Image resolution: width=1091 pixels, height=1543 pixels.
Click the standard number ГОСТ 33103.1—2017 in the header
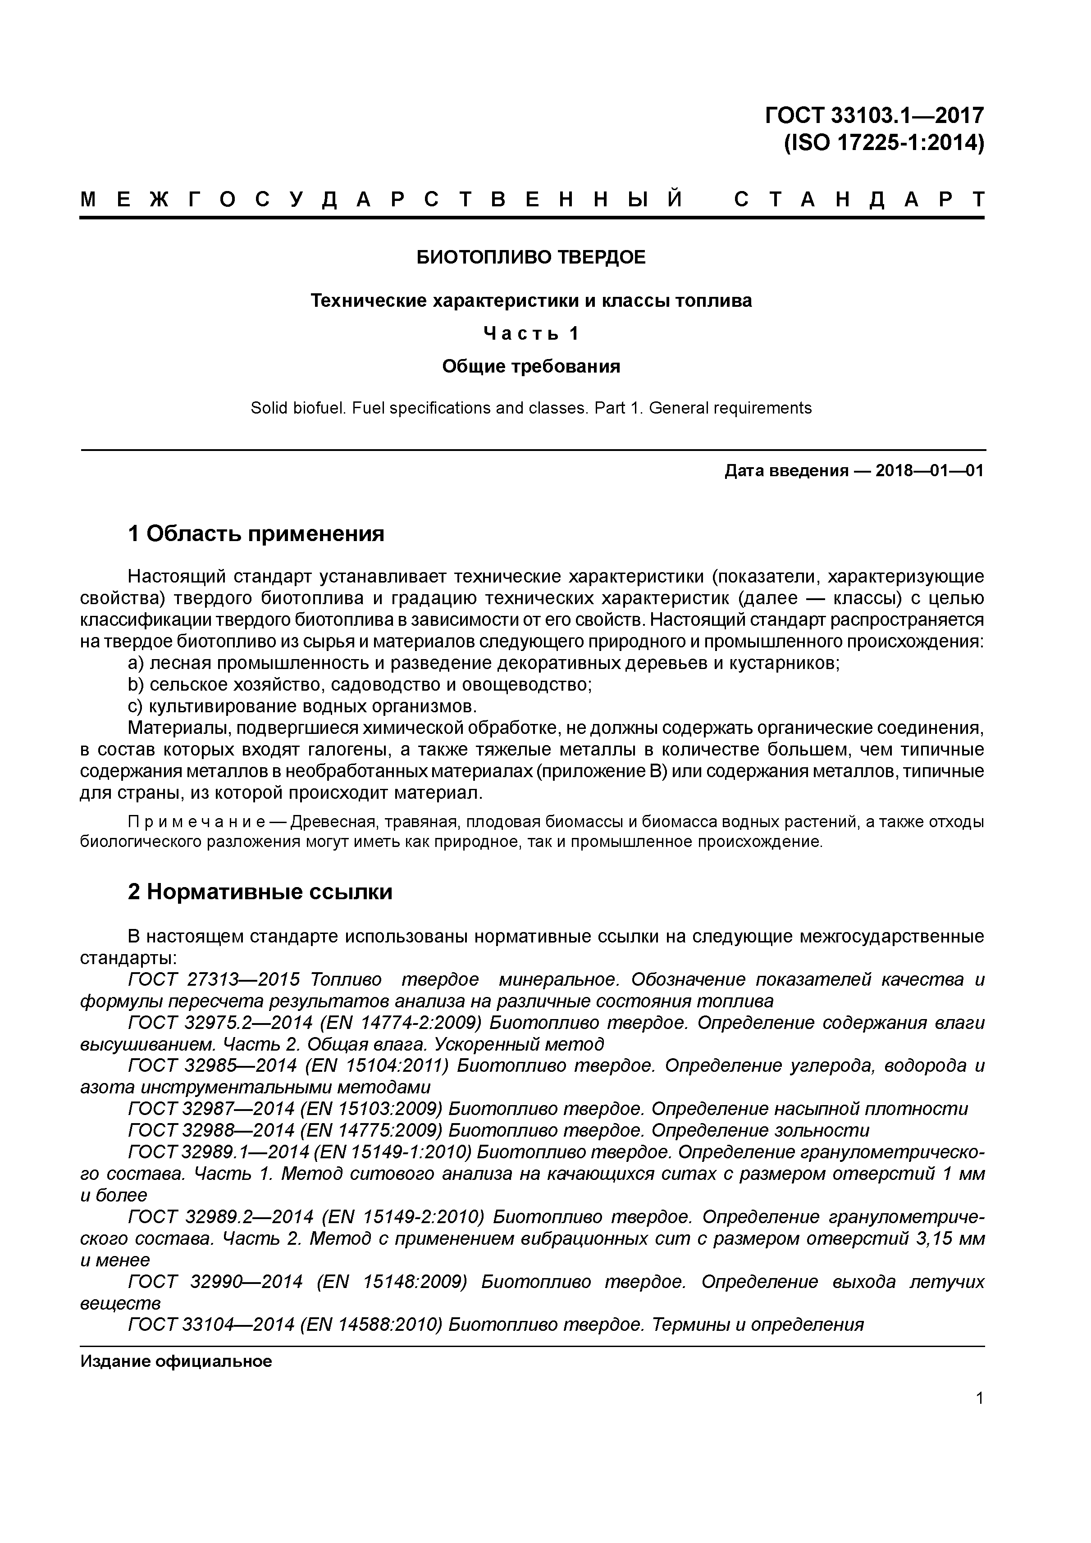(x=874, y=116)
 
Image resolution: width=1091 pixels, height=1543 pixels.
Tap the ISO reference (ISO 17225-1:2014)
(x=883, y=143)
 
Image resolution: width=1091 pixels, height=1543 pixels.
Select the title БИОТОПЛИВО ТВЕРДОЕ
(x=531, y=257)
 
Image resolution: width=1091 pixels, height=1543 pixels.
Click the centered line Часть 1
(x=531, y=333)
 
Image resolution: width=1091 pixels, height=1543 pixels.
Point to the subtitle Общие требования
(x=531, y=366)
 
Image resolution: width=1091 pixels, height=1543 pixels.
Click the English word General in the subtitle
(x=674, y=408)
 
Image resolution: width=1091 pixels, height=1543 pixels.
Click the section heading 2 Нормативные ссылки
(x=260, y=892)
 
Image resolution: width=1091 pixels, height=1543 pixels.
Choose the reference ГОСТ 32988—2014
(x=211, y=1130)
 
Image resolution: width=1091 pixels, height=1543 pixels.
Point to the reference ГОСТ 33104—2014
(x=211, y=1324)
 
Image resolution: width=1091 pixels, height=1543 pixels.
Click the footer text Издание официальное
(x=176, y=1361)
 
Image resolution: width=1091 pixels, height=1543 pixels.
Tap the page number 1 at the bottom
(x=979, y=1398)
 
